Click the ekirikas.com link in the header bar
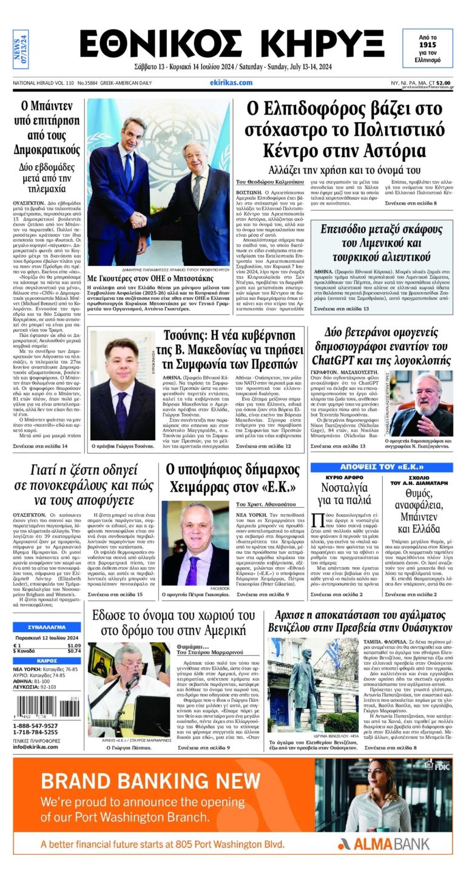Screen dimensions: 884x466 tap(231, 83)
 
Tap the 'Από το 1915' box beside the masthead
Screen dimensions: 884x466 tap(427, 49)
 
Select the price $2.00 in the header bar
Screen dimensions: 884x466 tap(443, 83)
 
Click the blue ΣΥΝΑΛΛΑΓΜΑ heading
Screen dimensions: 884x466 tap(47, 626)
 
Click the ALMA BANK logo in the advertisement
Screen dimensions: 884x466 tap(383, 843)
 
